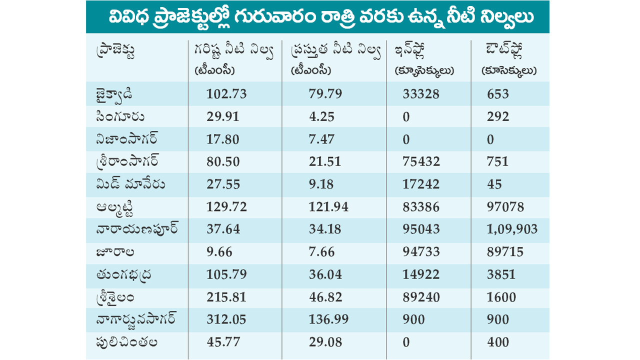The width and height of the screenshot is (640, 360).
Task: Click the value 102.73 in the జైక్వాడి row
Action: coord(226,94)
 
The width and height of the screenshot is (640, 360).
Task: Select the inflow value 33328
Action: coord(421,94)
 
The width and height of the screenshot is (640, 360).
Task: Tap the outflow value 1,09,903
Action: coord(512,229)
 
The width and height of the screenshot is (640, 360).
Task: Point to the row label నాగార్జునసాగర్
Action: coord(136,319)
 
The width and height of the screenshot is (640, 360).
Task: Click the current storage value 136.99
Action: coord(328,319)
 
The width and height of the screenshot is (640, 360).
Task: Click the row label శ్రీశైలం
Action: coord(115,297)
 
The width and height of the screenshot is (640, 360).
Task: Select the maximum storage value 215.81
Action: coord(226,297)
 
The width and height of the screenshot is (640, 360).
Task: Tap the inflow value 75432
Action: coord(421,161)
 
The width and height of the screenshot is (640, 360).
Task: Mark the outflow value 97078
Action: coord(505,207)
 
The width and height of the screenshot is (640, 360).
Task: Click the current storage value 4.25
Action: coord(321,117)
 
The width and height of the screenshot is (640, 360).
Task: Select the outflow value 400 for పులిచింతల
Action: coord(498,342)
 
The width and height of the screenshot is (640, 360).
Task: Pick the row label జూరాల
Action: coord(115,252)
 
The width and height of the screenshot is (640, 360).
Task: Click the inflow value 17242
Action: coord(421,184)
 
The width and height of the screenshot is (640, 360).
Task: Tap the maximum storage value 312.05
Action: coord(226,319)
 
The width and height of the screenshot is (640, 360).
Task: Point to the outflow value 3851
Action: coord(501,274)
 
